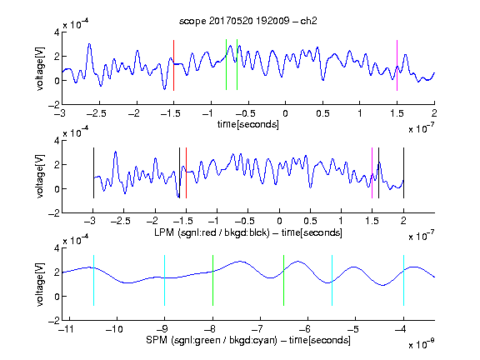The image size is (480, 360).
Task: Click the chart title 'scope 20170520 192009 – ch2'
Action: tap(248, 21)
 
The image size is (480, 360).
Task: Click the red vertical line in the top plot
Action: tap(174, 65)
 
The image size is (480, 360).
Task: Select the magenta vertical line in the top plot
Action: tap(397, 65)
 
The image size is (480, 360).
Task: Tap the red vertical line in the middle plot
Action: tap(186, 173)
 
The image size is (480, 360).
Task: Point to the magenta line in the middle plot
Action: tap(372, 173)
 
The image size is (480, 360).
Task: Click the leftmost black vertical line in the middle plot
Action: tap(93, 173)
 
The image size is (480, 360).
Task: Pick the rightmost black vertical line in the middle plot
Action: tap(403, 173)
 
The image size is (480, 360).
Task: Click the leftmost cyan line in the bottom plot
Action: tap(93, 280)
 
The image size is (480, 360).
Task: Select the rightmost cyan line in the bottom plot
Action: tap(403, 280)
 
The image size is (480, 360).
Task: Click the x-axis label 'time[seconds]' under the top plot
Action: tap(248, 124)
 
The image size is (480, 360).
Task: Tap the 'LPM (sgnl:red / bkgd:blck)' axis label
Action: tap(212, 232)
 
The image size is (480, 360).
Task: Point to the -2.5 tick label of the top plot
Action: tap(96, 113)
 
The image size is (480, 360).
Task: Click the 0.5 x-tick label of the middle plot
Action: tap(310, 221)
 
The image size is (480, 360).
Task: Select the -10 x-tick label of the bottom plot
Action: tap(114, 329)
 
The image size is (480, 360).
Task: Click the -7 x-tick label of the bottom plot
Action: tap(257, 329)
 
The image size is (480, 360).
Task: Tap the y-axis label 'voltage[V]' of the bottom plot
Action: tap(40, 284)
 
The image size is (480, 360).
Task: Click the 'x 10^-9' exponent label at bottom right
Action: tap(422, 344)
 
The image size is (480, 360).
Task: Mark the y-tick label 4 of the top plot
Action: tap(57, 32)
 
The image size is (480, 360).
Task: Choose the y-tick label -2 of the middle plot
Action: tap(54, 213)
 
